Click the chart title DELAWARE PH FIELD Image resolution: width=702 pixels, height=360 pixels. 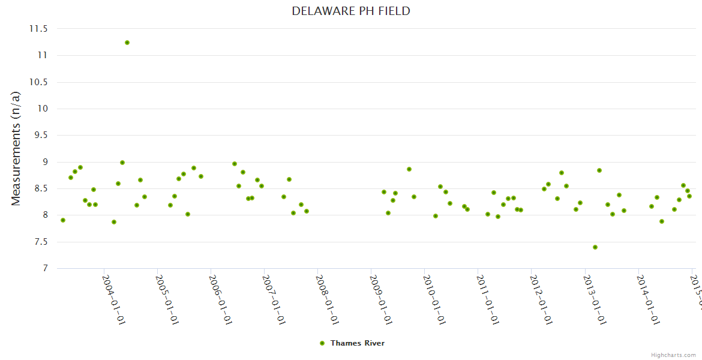point(351,11)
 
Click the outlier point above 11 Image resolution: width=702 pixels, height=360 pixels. point(127,43)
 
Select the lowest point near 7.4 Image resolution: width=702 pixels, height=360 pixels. point(595,247)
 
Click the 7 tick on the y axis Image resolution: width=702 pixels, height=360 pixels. point(44,269)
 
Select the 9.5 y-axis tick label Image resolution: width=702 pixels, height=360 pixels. point(40,136)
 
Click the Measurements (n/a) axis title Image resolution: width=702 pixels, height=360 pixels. point(16,148)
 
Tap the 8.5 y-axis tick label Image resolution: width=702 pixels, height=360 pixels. point(40,189)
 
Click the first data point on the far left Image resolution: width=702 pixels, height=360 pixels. point(63,220)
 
